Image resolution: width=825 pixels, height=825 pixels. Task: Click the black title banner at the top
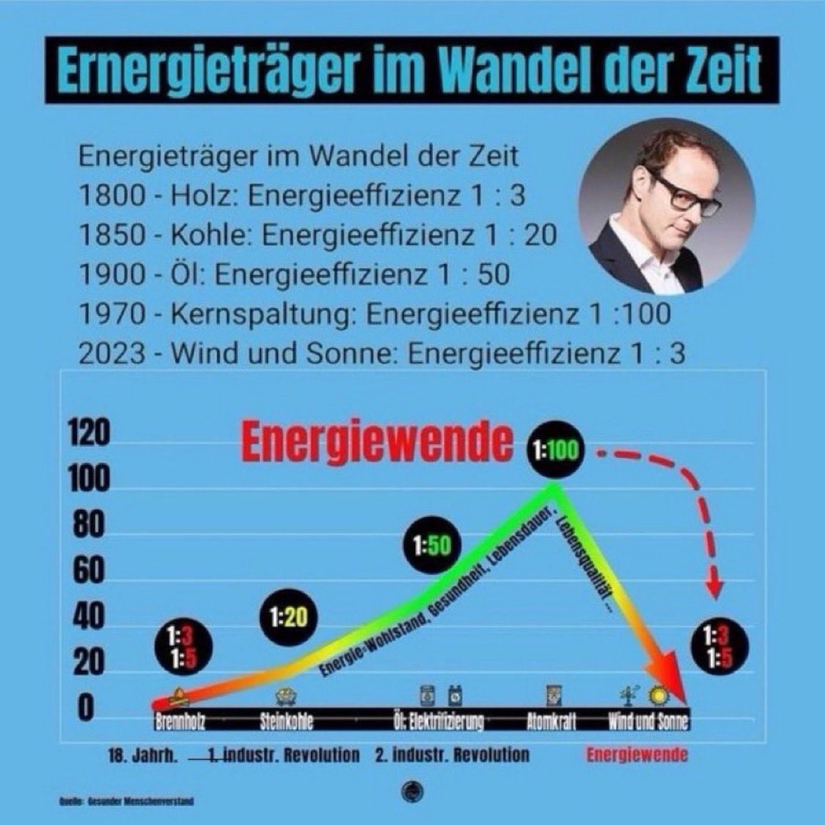412,70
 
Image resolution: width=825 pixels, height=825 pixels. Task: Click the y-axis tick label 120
89,433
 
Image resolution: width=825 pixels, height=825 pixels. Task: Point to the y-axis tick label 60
89,571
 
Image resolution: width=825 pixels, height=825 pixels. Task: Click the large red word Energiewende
376,443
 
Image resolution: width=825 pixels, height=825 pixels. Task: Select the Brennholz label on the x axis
180,722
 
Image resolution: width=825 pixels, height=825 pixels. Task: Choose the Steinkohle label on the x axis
286,722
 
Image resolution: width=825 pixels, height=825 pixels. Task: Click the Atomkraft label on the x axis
551,722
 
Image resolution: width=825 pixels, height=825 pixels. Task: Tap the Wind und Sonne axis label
648,722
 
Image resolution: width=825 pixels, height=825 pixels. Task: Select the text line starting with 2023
381,353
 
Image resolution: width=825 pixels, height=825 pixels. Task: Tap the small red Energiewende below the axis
637,755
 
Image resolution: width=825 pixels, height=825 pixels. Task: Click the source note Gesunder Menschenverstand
126,802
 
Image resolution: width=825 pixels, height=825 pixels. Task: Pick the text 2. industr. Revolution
452,755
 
